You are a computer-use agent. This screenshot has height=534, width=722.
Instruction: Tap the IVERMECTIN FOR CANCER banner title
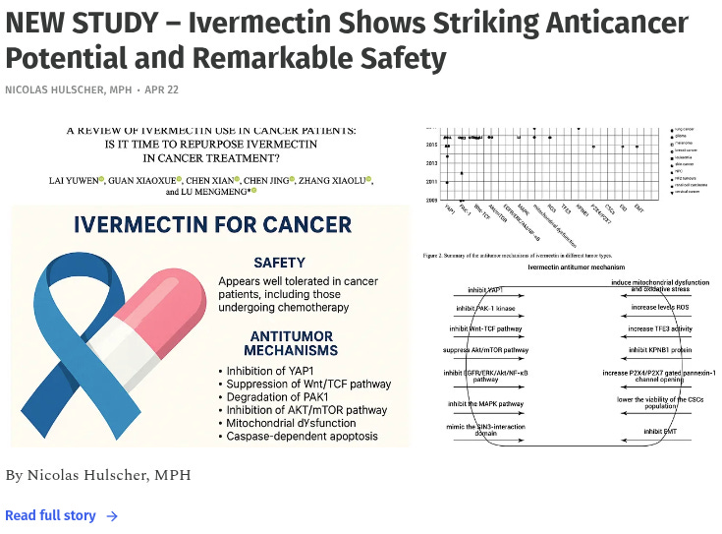212,225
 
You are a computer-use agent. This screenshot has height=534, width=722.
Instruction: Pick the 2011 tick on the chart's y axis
432,181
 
